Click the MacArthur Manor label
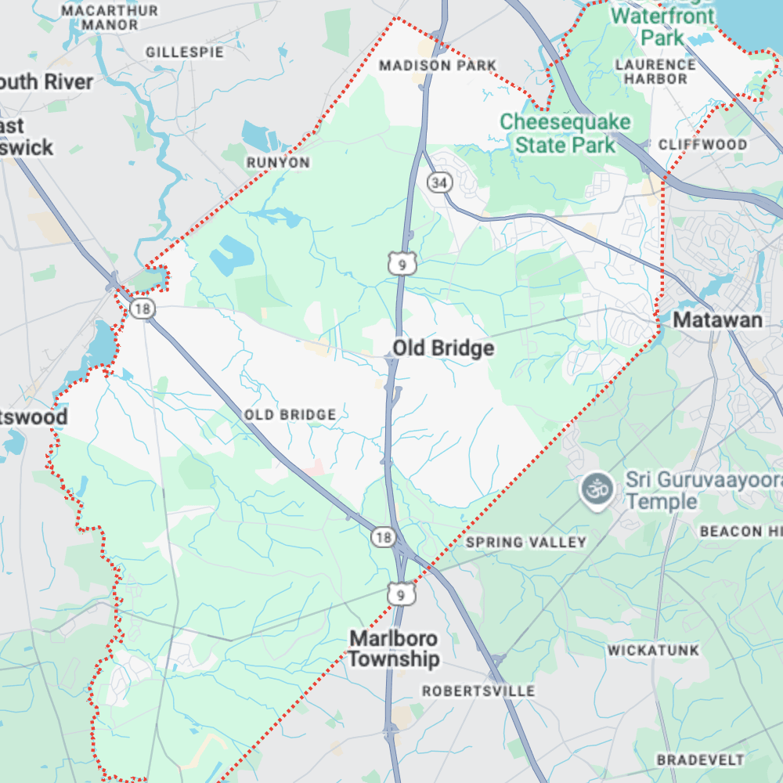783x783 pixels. (110, 17)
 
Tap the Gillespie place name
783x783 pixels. (185, 52)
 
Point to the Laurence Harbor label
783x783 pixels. (655, 71)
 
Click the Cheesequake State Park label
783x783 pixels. (565, 133)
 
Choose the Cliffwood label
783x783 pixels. (702, 144)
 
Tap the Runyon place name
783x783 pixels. (278, 163)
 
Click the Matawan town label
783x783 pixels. (717, 319)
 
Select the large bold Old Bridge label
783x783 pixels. (443, 348)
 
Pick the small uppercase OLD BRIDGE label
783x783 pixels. (290, 414)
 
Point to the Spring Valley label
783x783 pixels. (525, 542)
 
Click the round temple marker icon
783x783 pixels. (597, 489)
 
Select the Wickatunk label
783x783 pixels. (652, 650)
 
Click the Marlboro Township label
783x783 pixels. (394, 648)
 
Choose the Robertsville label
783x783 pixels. (478, 691)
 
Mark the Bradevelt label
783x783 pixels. (700, 760)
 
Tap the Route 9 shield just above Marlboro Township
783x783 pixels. (401, 595)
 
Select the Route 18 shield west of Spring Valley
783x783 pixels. (383, 537)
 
